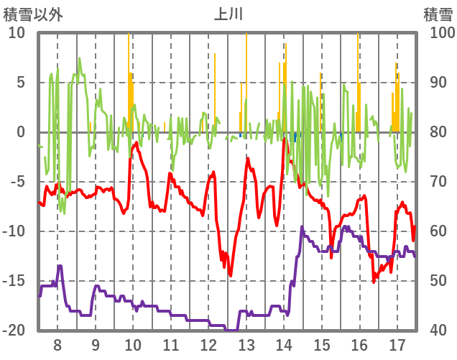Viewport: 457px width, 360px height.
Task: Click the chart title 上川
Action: click(228, 14)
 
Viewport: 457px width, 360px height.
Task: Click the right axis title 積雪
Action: click(437, 14)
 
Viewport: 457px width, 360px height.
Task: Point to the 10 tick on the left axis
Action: click(17, 33)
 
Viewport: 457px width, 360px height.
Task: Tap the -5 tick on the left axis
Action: click(16, 182)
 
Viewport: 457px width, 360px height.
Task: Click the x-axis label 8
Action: click(57, 344)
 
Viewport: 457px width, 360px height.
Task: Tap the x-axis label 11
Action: click(171, 344)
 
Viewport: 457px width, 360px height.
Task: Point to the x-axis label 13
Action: click(246, 344)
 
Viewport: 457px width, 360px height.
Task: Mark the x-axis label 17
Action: click(397, 344)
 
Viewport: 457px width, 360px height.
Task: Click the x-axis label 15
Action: click(322, 344)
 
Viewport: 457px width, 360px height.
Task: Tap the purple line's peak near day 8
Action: click(60, 266)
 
